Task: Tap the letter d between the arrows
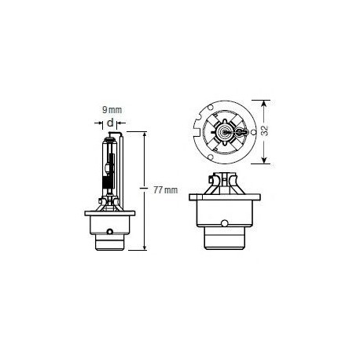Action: [x=111, y=123]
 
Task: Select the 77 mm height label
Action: [x=165, y=189]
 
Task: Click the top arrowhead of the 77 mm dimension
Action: [x=145, y=134]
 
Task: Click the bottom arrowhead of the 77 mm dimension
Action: [x=145, y=248]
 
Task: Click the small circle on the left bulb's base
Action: [x=111, y=232]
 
